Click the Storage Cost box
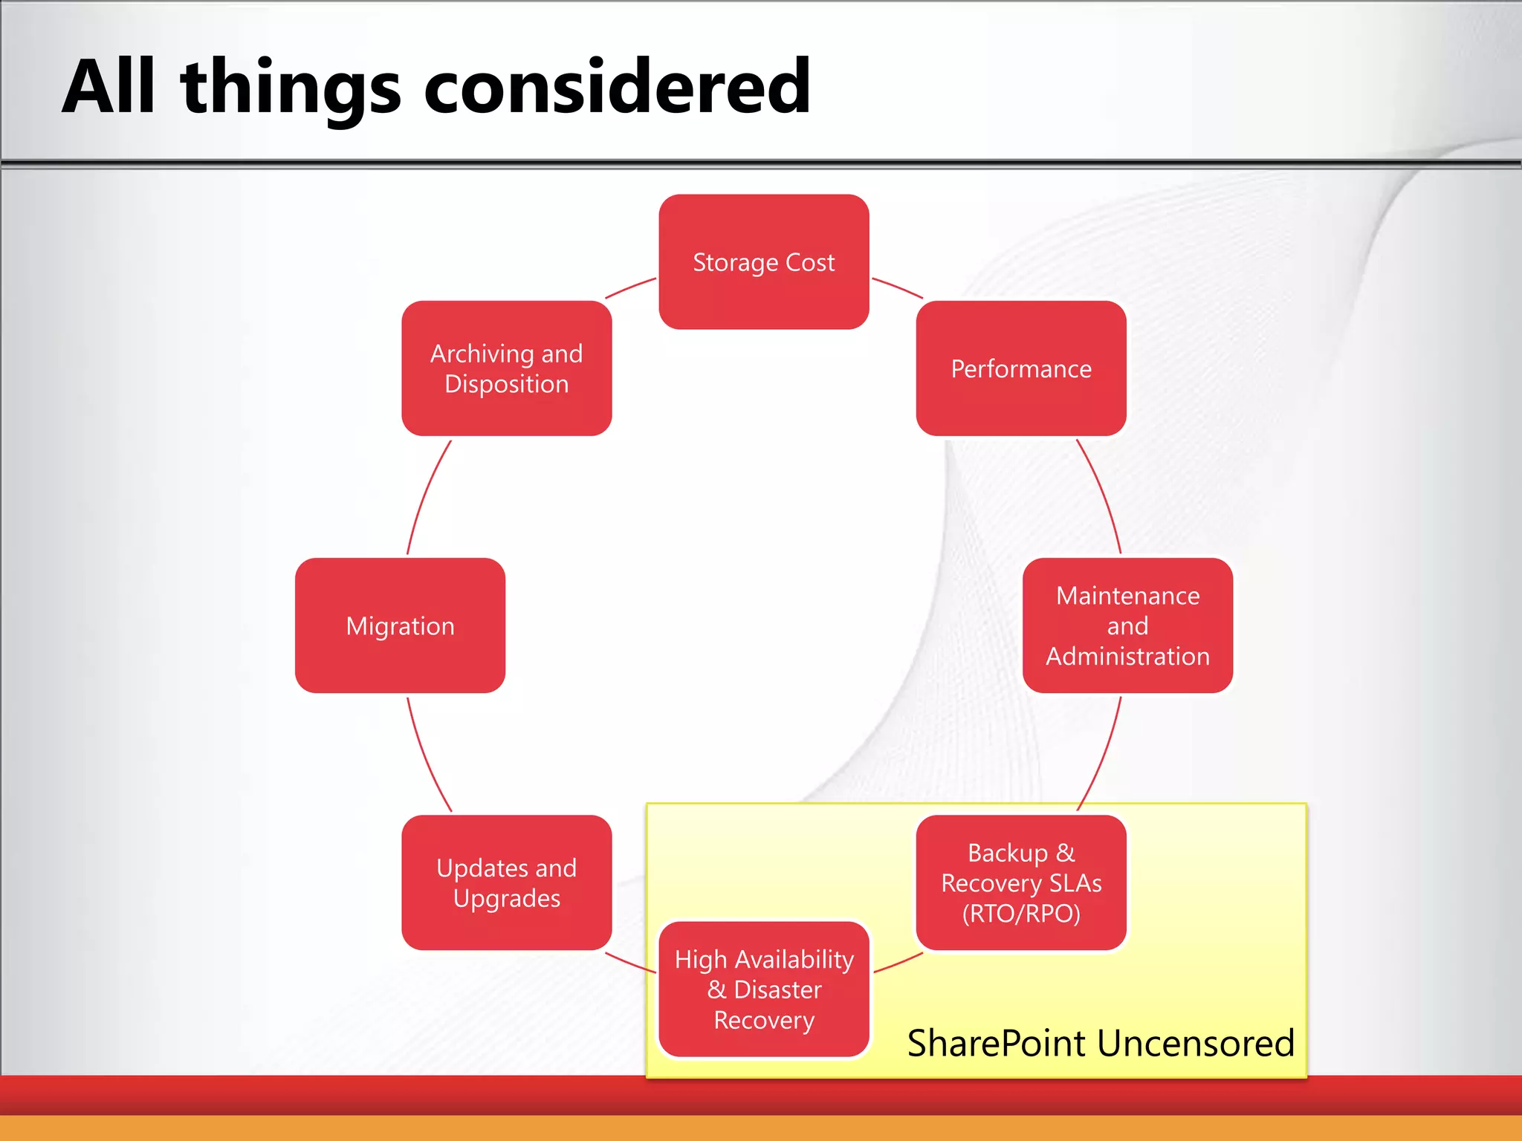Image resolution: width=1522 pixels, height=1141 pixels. pyautogui.click(x=763, y=261)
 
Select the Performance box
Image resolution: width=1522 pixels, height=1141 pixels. pyautogui.click(x=1021, y=368)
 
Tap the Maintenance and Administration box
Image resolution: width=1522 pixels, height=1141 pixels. pyautogui.click(x=1127, y=625)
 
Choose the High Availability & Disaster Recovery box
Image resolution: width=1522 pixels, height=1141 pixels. pyautogui.click(x=763, y=989)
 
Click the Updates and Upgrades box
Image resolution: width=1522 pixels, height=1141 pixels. pyautogui.click(x=506, y=882)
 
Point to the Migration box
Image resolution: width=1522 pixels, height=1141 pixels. pyautogui.click(x=400, y=625)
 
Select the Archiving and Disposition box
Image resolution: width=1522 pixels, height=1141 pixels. pyautogui.click(x=506, y=368)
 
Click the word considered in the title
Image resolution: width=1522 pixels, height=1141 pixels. pyautogui.click(x=617, y=87)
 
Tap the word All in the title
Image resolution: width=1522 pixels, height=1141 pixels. pyautogui.click(x=109, y=87)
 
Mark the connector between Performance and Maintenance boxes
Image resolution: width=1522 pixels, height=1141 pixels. pyautogui.click(x=1103, y=494)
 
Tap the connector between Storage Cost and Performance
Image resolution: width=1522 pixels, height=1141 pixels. pyautogui.click(x=897, y=287)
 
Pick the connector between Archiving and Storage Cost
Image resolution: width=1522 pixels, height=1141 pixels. pyautogui.click(x=630, y=287)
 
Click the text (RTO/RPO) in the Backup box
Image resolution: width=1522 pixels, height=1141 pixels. pyautogui.click(x=1021, y=914)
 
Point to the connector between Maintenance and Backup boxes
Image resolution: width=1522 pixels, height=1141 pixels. pyautogui.click(x=1103, y=756)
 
